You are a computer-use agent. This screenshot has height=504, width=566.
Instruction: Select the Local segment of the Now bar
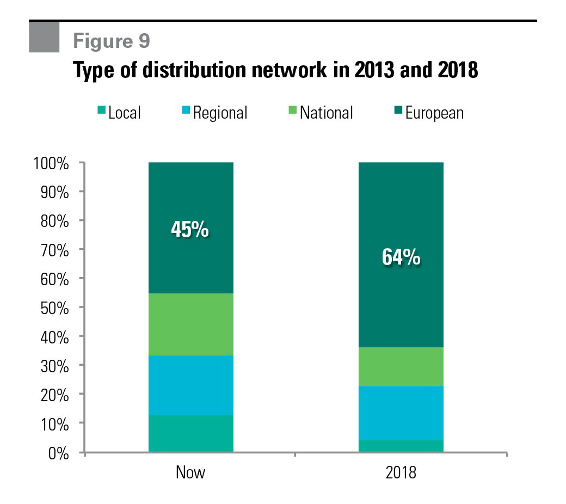[x=190, y=433]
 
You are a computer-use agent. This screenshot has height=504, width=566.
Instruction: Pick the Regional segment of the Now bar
[x=190, y=385]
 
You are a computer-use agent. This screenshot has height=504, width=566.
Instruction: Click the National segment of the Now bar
[x=190, y=324]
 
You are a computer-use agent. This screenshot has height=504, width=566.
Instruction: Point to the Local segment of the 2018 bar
[x=401, y=446]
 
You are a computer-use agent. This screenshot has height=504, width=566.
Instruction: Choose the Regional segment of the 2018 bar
[x=401, y=413]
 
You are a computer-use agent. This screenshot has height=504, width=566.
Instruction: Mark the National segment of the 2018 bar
[x=401, y=367]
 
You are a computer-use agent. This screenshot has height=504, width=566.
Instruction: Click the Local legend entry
[x=119, y=113]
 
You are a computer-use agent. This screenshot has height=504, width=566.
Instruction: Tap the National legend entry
[x=321, y=113]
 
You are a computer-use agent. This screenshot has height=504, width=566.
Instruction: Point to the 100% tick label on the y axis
[x=51, y=163]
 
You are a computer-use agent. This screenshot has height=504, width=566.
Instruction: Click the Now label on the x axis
[x=190, y=472]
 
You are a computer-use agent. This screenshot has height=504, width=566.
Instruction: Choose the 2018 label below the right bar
[x=401, y=472]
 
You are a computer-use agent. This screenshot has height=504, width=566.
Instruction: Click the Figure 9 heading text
[x=112, y=41]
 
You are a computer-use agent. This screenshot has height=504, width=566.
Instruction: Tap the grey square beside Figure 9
[x=44, y=37]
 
